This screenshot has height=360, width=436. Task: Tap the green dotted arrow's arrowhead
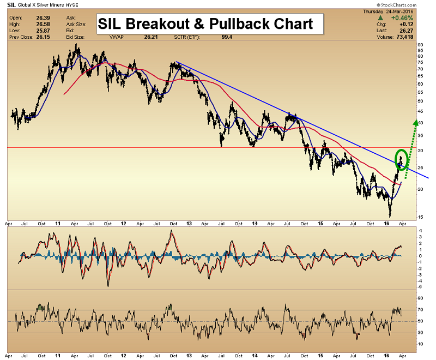[x=416, y=122]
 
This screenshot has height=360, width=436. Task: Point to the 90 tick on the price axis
[x=420, y=45]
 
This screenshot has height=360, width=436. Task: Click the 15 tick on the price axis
[x=420, y=217]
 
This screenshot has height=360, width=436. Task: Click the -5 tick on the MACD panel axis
[x=419, y=286]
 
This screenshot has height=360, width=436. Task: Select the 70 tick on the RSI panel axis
[x=420, y=310]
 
